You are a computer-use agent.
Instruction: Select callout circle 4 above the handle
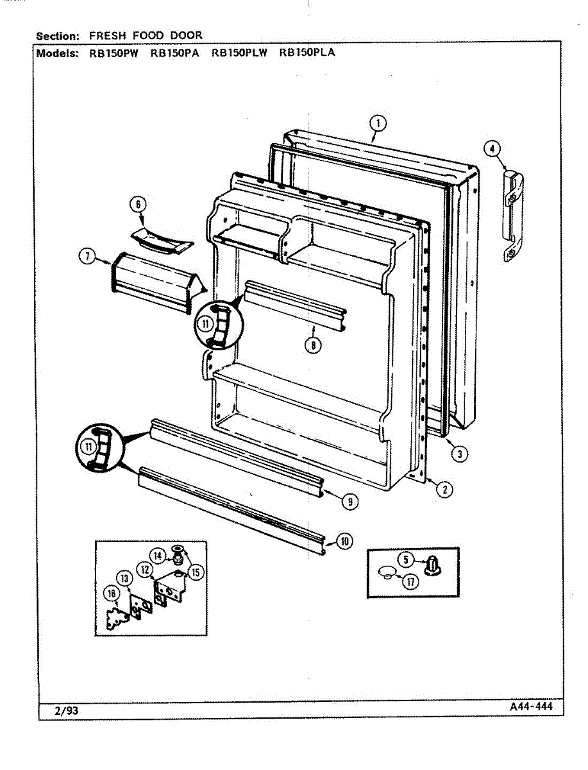tap(492, 150)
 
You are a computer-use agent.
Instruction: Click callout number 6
tap(139, 205)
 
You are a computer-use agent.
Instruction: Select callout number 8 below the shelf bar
tap(313, 345)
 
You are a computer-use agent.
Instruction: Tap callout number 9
tap(349, 502)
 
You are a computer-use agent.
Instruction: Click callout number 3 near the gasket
tap(458, 454)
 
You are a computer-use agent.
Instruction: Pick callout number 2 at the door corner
tap(444, 490)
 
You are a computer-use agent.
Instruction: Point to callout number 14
tap(158, 555)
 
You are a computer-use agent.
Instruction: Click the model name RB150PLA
tap(307, 53)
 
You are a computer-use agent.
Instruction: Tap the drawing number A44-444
tap(527, 707)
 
